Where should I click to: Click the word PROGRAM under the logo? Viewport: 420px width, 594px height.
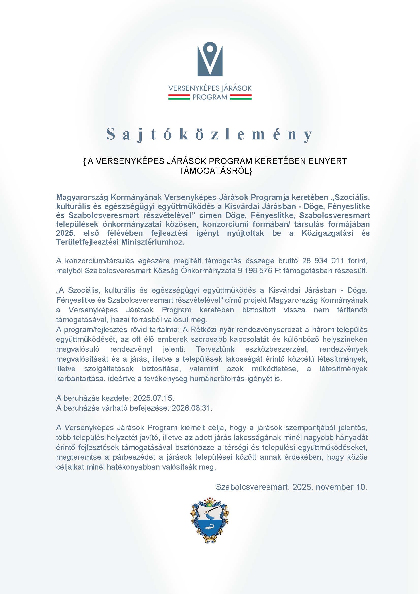click(x=210, y=97)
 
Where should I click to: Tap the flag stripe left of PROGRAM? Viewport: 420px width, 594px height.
click(x=179, y=97)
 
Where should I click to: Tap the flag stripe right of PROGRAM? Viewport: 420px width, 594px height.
click(x=240, y=97)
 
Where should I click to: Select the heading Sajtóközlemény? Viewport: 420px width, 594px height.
click(x=210, y=134)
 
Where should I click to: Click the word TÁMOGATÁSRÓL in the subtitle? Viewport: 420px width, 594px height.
click(x=215, y=171)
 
